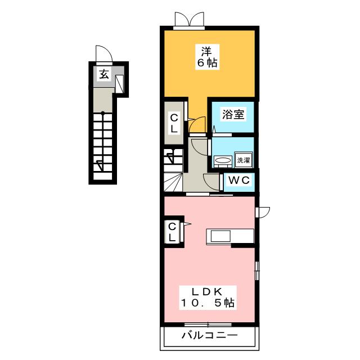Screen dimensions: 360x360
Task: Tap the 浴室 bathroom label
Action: click(x=232, y=115)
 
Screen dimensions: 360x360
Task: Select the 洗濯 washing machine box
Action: click(x=243, y=160)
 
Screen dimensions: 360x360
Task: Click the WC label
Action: click(x=240, y=181)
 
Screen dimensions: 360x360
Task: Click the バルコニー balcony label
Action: click(x=209, y=336)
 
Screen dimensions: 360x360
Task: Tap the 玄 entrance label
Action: click(x=104, y=73)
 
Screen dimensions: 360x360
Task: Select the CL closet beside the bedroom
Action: click(x=174, y=123)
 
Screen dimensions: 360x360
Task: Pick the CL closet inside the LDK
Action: click(x=173, y=232)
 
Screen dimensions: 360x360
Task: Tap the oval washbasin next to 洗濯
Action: click(x=223, y=160)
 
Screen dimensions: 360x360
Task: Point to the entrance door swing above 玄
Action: click(x=104, y=54)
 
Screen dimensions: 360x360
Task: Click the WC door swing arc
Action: click(x=213, y=182)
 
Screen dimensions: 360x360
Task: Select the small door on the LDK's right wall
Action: click(x=263, y=211)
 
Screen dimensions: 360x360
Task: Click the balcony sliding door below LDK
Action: click(x=208, y=325)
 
